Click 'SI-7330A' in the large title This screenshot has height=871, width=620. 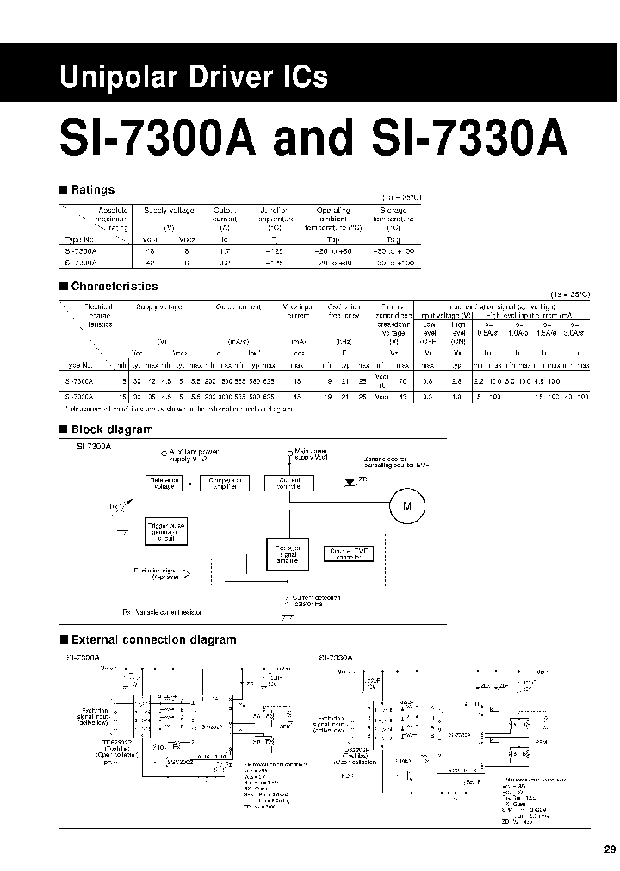point(460,139)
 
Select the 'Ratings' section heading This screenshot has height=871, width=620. point(92,189)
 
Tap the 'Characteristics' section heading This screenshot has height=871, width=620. point(114,286)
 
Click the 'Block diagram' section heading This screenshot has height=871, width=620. point(111,429)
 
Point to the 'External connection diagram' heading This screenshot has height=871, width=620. point(152,639)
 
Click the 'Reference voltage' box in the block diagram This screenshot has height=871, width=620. point(164,484)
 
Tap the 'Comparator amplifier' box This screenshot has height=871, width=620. point(224,484)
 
